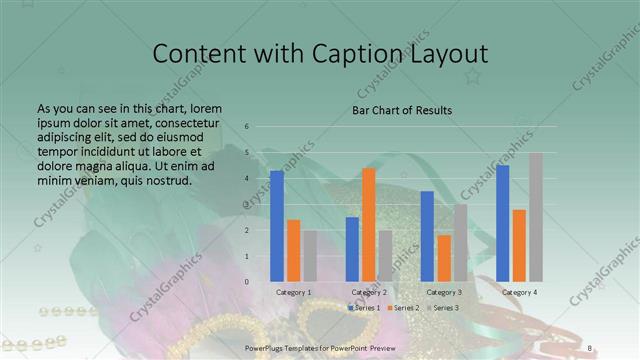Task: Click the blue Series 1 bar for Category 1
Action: [x=277, y=226]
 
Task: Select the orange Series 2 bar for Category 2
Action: [x=369, y=225]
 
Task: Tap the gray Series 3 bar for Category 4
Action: [x=536, y=217]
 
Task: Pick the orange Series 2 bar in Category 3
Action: [x=444, y=258]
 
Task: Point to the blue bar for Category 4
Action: [x=503, y=223]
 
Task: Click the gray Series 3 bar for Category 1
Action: [x=310, y=256]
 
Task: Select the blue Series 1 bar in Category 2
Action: [x=353, y=249]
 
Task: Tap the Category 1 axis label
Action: [x=294, y=292]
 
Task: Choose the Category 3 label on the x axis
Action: [x=444, y=292]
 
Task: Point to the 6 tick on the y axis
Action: [x=246, y=127]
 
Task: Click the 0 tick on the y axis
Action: [x=246, y=282]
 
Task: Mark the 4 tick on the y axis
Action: [x=246, y=178]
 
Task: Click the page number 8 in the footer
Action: [x=590, y=348]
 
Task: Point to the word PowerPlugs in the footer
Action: [x=265, y=348]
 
